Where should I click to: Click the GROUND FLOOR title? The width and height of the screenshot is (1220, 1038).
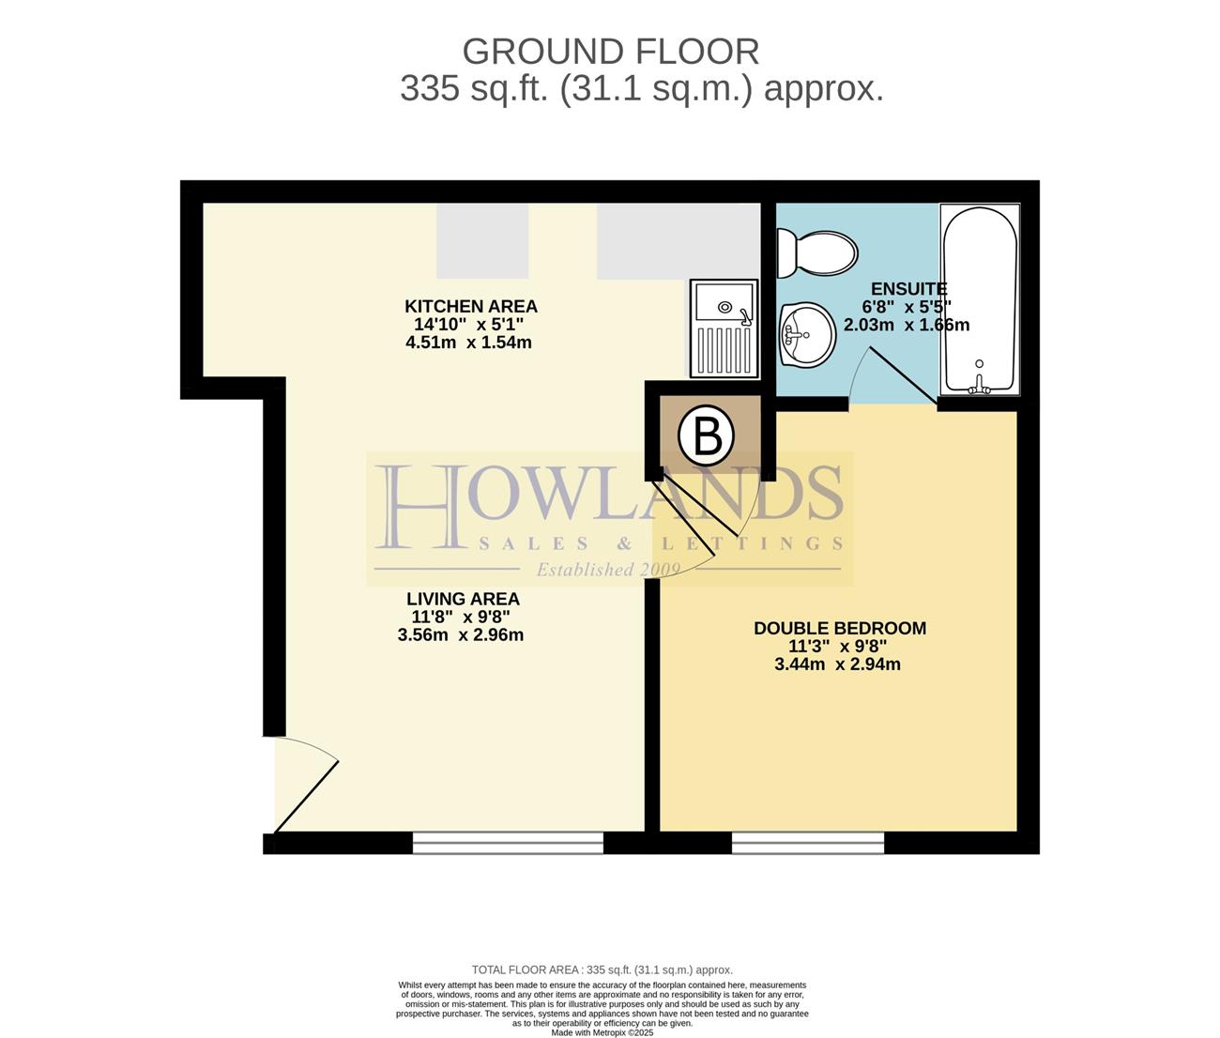pos(610,52)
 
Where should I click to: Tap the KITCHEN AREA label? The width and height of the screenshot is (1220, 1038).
pos(471,307)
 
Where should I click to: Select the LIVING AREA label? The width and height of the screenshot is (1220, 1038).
pos(463,599)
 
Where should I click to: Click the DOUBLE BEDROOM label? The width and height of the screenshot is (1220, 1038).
pos(840,628)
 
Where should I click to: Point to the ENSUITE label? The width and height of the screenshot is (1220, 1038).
pos(909,289)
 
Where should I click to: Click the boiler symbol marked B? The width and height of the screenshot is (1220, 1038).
pos(706,436)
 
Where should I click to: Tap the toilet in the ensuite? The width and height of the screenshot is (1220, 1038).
pos(816,253)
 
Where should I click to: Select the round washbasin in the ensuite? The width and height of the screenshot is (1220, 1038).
pos(808,335)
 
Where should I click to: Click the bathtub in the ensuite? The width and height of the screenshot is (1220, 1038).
pos(980,299)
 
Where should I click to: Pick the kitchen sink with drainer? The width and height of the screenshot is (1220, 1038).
pos(724,328)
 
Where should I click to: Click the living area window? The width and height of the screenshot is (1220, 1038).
pos(508,843)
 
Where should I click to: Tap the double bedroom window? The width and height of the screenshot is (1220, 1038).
pos(808,843)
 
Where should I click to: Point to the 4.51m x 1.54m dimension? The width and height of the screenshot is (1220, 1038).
pos(468,343)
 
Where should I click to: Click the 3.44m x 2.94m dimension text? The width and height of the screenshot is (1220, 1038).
pos(837,664)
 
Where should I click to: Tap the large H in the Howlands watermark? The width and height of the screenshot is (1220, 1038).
pos(419,507)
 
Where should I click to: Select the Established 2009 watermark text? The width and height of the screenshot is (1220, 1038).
pos(608,570)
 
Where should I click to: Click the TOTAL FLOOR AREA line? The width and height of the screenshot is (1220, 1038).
pos(602,969)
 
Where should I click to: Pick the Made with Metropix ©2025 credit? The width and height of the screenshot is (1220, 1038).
pos(602,1032)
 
